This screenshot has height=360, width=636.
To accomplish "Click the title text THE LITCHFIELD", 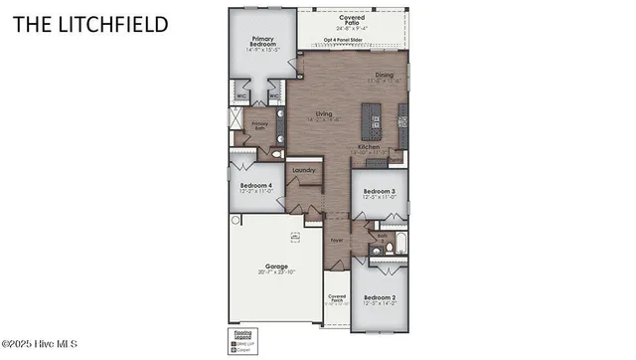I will [90, 23].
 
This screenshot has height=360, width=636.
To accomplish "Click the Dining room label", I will [384, 76].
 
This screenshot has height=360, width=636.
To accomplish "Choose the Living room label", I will [324, 115].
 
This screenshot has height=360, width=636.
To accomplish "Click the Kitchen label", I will [370, 146].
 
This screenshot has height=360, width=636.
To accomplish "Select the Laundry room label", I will [304, 170].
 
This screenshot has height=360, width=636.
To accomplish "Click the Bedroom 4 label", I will [256, 186].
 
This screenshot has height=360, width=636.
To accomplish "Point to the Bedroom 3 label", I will [379, 191].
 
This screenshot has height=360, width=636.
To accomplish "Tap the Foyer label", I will [336, 240].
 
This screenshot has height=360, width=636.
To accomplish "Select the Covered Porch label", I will [338, 298].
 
